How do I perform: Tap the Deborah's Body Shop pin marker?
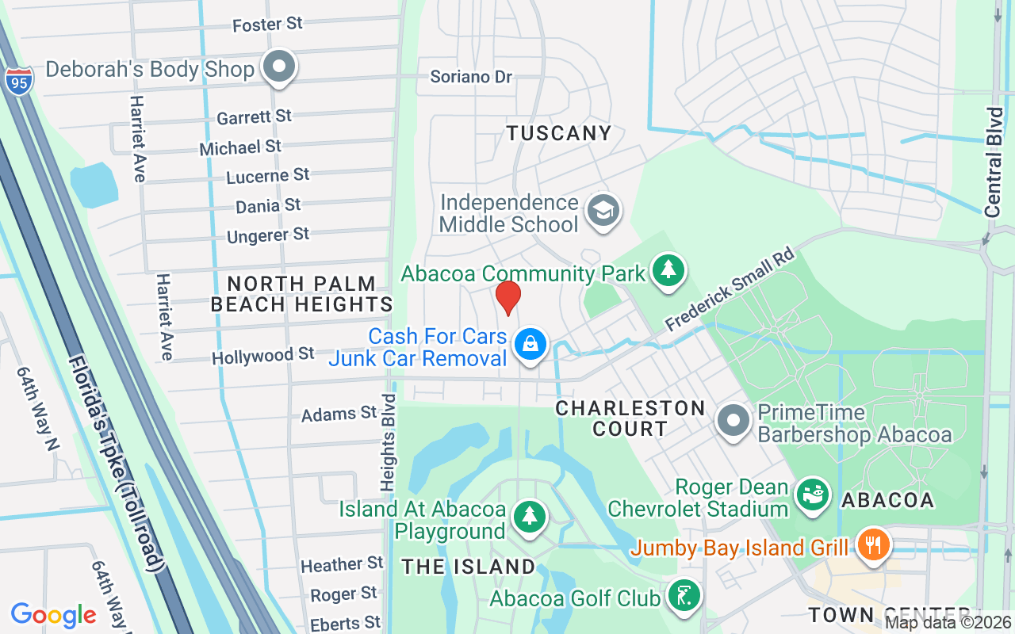pos(278,68)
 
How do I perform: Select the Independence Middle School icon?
pos(603,211)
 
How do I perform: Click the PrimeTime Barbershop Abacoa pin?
pos(733,421)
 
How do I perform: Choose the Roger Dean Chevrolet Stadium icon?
pos(812,495)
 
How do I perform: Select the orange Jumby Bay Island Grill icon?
pos(873,546)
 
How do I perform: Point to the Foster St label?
pos(267,25)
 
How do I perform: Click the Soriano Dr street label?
pos(471,77)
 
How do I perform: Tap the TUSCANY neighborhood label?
pos(559,133)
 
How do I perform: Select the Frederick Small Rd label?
pos(730,290)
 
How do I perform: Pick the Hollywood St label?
pos(263,356)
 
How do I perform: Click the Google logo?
pos(54,615)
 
